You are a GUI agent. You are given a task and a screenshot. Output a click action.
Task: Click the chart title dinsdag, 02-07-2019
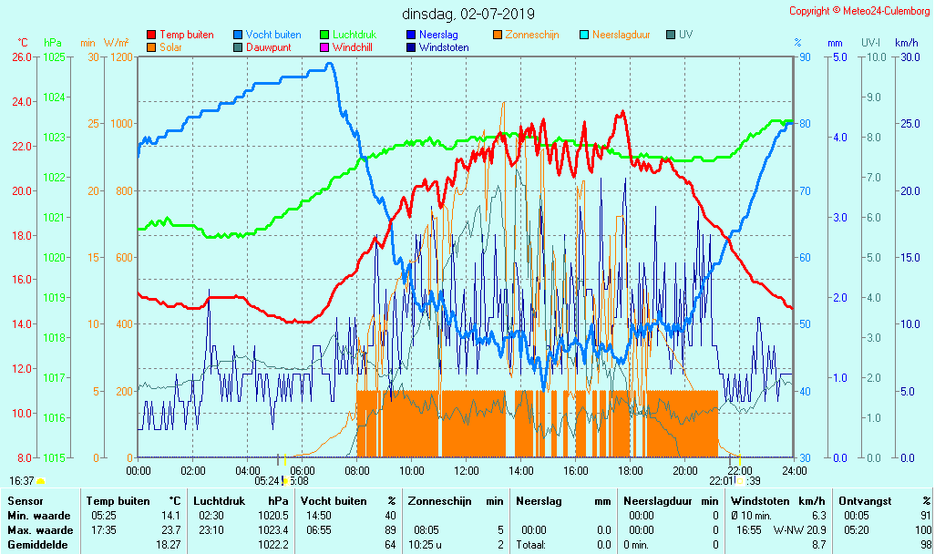468,14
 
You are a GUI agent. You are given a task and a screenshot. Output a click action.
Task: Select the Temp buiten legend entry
186,35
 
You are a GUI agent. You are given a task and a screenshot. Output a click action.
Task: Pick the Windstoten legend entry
443,47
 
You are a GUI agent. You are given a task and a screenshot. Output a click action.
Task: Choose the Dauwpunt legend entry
268,47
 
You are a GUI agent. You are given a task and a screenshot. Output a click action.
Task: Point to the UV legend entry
686,35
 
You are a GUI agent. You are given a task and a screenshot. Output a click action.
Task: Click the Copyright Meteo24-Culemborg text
859,11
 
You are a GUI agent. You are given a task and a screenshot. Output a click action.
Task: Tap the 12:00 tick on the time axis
467,470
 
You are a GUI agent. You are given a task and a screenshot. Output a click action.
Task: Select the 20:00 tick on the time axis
685,470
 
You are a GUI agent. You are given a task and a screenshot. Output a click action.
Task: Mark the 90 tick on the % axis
804,56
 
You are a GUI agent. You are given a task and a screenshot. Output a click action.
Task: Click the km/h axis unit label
906,43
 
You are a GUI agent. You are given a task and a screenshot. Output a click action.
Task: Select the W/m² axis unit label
116,43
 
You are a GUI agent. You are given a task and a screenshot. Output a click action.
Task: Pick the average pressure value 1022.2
272,544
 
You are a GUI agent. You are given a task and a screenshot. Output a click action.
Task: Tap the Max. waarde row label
40,529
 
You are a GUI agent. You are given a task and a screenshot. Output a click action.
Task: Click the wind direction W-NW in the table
786,529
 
